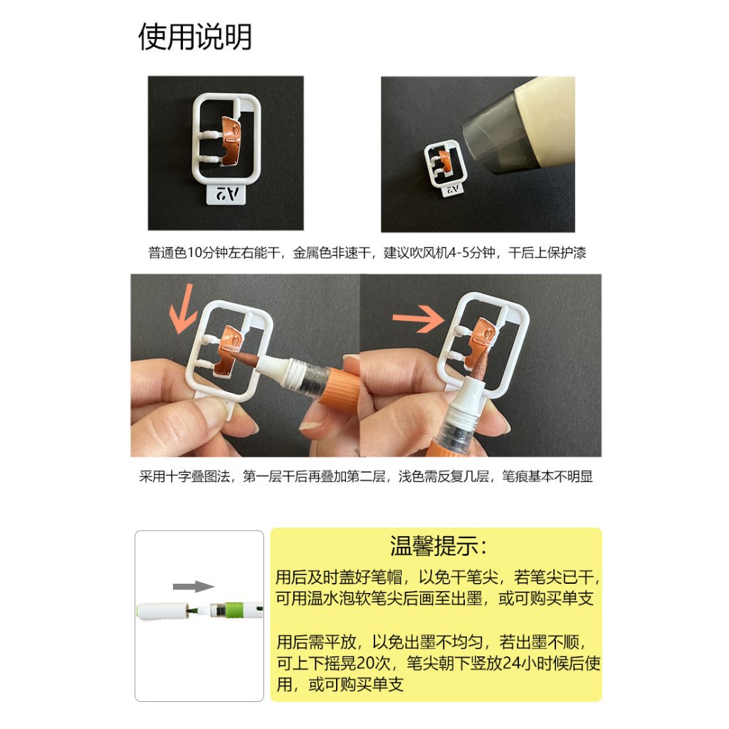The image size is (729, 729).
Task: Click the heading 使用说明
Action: (195, 36)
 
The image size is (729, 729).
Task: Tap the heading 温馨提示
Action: (439, 546)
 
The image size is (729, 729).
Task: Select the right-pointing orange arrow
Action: (419, 318)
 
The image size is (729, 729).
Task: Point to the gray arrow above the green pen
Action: (194, 587)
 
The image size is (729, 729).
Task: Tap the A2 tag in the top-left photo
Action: (226, 194)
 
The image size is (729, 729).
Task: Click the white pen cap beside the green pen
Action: (162, 610)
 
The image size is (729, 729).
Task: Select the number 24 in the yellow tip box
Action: (514, 663)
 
